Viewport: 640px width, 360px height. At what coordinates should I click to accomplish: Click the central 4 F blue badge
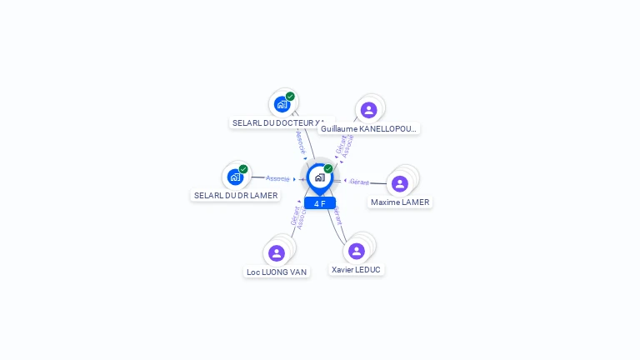[x=320, y=203]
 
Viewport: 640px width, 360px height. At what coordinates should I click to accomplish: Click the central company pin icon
[x=319, y=177]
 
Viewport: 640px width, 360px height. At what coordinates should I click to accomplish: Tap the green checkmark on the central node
[x=328, y=168]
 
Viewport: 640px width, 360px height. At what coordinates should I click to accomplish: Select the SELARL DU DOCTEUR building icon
[x=282, y=105]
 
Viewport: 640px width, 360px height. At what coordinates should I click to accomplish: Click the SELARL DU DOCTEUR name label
[x=279, y=122]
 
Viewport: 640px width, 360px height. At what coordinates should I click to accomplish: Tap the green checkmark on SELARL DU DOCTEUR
[x=290, y=97]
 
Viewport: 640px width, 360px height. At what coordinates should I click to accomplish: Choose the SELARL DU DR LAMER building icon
[x=235, y=177]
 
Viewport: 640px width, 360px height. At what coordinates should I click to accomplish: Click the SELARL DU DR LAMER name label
[x=235, y=195]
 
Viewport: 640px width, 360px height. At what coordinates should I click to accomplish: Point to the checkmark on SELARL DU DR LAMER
[x=243, y=169]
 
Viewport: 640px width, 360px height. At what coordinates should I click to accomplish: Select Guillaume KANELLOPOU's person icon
[x=369, y=110]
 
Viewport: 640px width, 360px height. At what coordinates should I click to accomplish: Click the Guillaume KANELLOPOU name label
[x=368, y=128]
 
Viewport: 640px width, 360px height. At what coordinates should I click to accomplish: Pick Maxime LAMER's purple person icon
[x=400, y=183]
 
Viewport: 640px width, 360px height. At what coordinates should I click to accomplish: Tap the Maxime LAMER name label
[x=400, y=202]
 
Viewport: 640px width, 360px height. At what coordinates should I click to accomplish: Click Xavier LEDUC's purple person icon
[x=357, y=251]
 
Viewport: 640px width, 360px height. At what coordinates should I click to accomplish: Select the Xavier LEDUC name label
[x=356, y=269]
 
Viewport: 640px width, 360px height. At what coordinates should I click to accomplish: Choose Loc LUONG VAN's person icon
[x=277, y=253]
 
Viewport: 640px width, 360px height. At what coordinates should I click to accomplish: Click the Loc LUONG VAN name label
[x=277, y=272]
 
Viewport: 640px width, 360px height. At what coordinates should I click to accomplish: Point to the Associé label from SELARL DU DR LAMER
[x=277, y=178]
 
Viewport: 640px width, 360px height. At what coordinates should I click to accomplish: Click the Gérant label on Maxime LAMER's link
[x=359, y=182]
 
